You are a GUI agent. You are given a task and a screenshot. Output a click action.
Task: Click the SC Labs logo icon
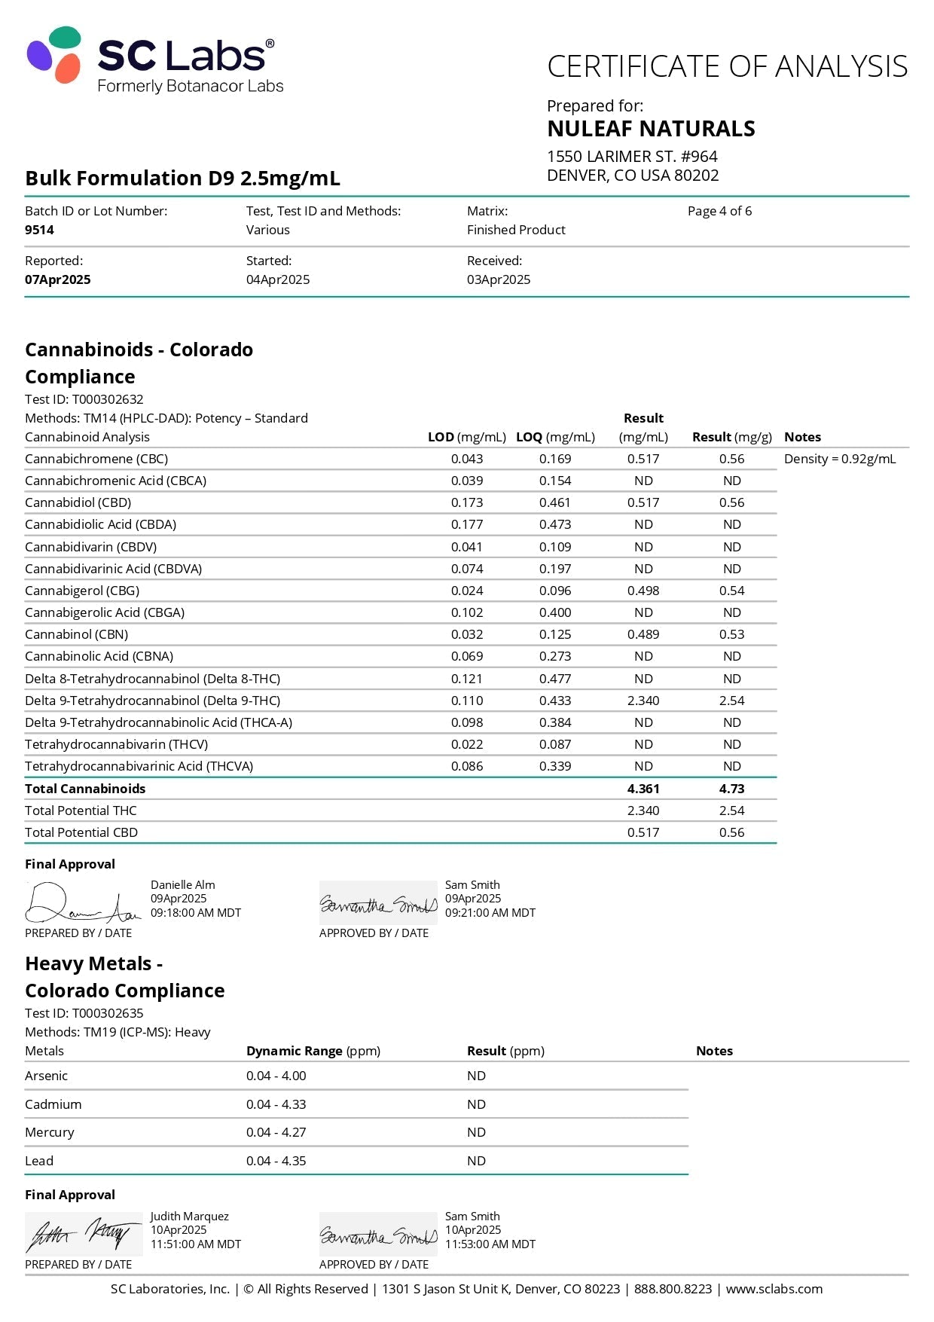54,54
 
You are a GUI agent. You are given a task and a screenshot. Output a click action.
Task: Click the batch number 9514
39,230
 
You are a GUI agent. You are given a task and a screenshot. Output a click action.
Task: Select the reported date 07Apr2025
57,279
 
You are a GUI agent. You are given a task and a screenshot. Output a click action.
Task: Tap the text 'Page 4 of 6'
719,211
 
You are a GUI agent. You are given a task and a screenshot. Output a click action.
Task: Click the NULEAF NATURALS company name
651,129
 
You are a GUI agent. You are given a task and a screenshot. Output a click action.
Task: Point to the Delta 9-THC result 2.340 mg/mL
643,701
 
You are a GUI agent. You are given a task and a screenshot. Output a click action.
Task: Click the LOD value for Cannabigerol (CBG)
467,591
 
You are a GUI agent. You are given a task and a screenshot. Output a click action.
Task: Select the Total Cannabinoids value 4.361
643,789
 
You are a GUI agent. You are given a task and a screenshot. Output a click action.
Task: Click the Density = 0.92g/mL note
840,459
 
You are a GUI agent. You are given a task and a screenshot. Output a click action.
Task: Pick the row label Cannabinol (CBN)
77,634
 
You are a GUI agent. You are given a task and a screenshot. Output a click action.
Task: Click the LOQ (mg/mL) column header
555,437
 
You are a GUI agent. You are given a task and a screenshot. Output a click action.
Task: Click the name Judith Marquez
189,1216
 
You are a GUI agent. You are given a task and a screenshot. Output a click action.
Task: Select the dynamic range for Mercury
276,1132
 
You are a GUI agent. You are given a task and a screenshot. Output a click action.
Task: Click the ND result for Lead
476,1161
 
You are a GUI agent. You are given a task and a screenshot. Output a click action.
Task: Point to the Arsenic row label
46,1076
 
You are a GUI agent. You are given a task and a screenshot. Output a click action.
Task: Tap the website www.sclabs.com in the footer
774,1289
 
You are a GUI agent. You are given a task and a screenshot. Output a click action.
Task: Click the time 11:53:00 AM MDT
490,1244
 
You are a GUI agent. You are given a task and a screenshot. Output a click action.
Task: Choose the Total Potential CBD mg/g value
731,832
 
